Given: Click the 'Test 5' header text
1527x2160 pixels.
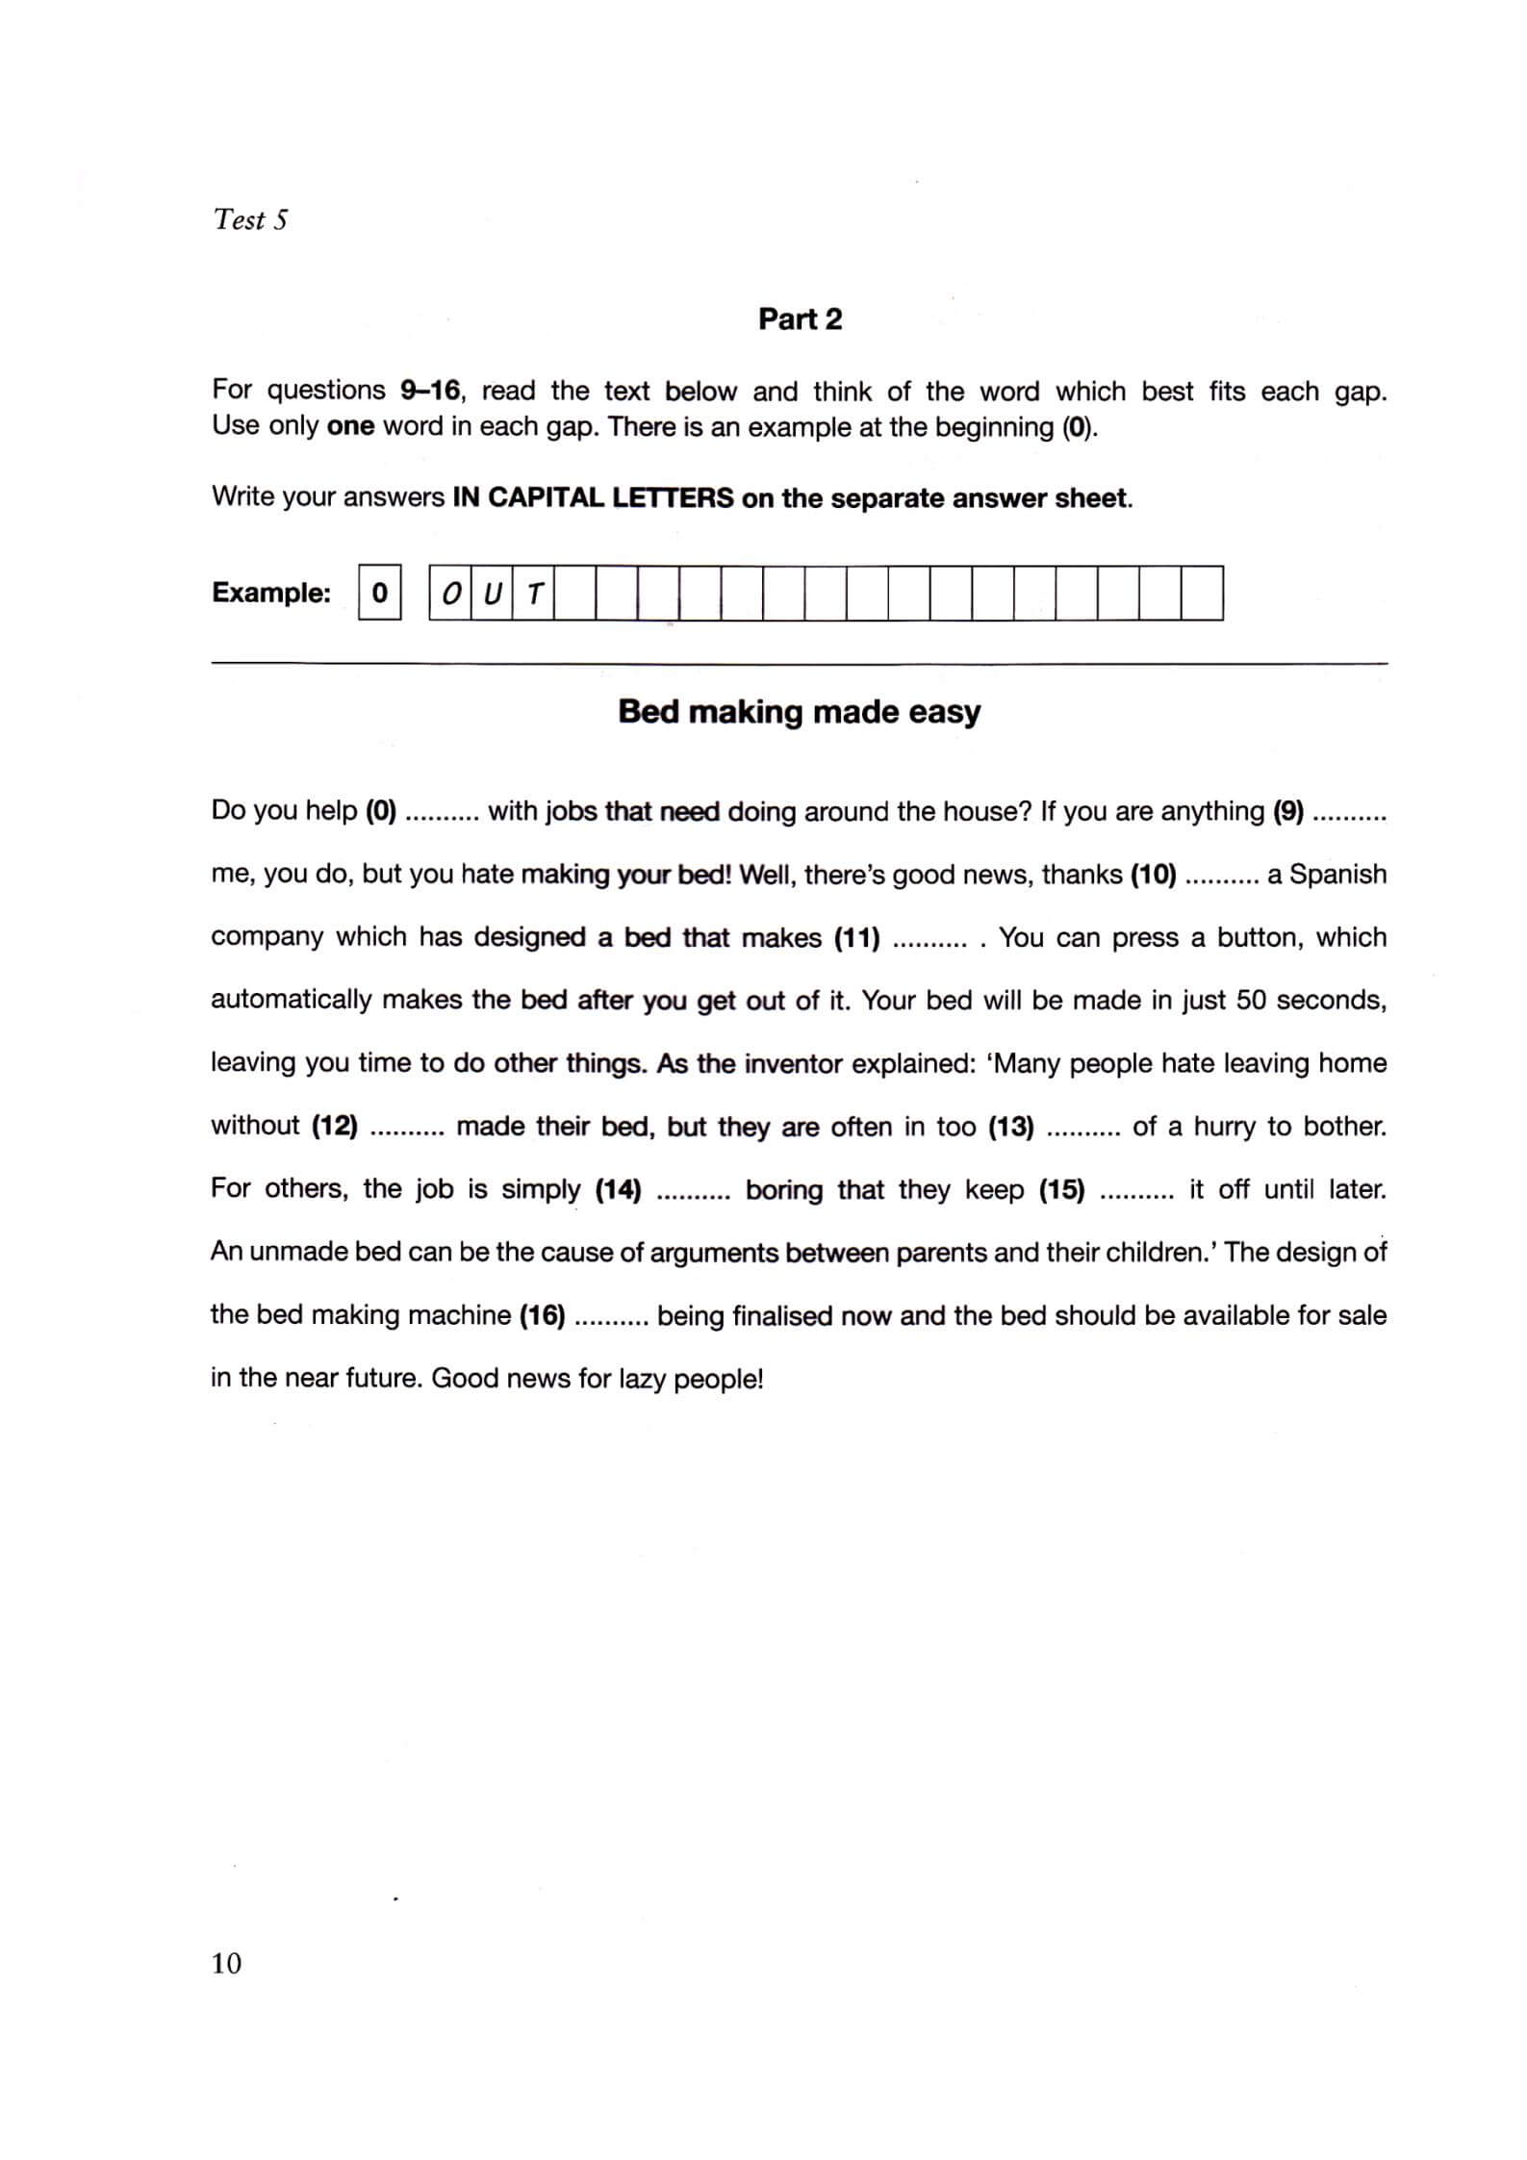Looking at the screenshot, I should (250, 219).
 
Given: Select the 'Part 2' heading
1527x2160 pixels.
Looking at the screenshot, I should (800, 319).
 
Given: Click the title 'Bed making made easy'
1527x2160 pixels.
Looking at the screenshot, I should (799, 712).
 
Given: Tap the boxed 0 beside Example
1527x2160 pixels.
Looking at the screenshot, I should (379, 593).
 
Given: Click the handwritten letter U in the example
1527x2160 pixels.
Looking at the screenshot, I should (492, 595).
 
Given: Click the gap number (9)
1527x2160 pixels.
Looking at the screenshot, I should (1287, 811).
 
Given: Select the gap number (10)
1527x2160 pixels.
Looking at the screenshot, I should (1153, 875).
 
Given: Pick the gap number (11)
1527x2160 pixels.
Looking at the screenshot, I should (856, 937).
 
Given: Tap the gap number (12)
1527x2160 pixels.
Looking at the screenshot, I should (335, 1126).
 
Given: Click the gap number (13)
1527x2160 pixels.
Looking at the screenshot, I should (1011, 1126).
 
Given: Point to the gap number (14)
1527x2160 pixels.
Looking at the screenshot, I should (618, 1189).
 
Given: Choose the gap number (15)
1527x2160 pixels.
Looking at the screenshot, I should (1061, 1189).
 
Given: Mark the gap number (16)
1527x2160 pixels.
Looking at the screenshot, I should (542, 1315).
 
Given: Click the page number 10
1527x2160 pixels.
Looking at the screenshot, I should (226, 1963).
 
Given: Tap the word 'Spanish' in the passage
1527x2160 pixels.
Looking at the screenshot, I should (1337, 875).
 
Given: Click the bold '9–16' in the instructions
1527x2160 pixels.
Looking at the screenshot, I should (430, 391).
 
